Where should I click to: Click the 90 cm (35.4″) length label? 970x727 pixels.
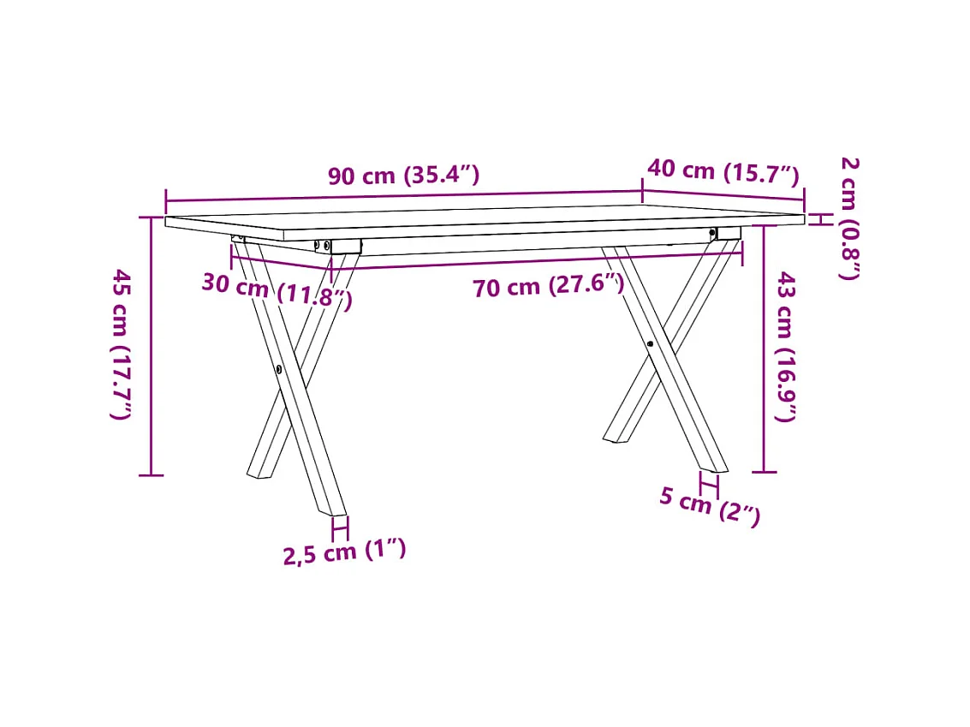(x=403, y=176)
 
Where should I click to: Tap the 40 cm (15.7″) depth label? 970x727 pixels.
(x=723, y=172)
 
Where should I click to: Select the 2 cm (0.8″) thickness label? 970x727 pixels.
(x=848, y=218)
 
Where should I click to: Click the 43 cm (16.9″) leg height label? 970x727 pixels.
(x=786, y=346)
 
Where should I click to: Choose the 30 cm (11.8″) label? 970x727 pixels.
(x=277, y=289)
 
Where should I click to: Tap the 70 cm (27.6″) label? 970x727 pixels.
(x=548, y=286)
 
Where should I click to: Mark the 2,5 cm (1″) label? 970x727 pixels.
(x=344, y=551)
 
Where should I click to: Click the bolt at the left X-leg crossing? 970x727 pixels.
(x=281, y=369)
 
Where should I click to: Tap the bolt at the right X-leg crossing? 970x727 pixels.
(x=651, y=343)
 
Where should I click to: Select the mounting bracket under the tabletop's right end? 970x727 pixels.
(x=728, y=233)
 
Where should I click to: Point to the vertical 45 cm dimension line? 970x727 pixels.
(x=151, y=346)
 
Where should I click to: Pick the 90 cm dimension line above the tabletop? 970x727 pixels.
(x=403, y=196)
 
